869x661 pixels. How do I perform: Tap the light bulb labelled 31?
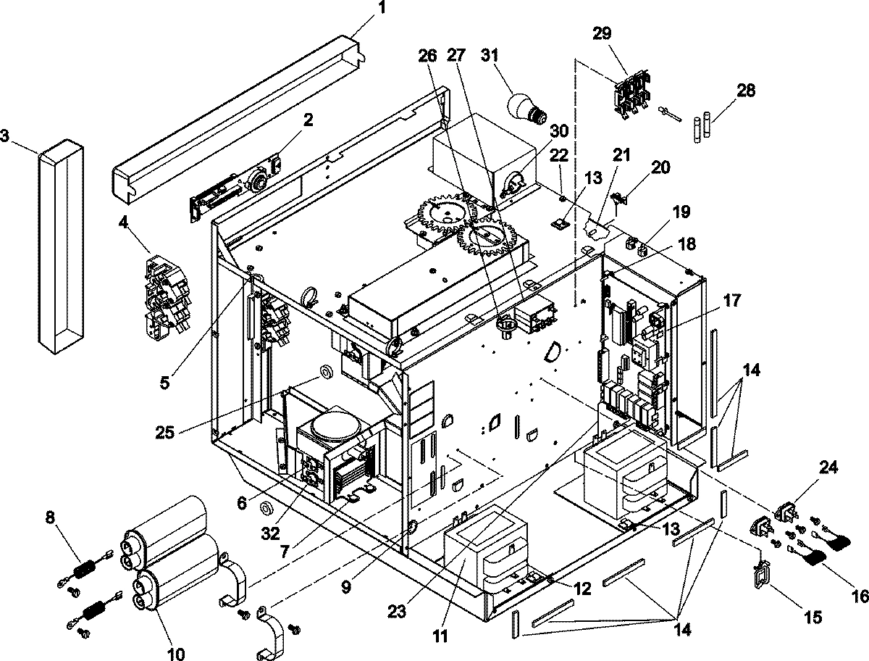(524, 107)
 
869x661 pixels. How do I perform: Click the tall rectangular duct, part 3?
(61, 246)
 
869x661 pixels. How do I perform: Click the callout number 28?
(746, 91)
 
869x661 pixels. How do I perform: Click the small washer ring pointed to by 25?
(325, 373)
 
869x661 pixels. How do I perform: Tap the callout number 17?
(732, 300)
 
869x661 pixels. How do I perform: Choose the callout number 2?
(308, 120)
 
